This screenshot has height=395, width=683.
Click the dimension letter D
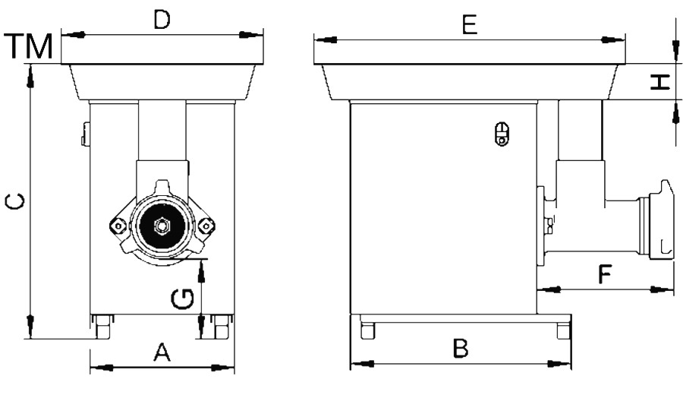point(161,21)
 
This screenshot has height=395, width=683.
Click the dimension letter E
point(470,26)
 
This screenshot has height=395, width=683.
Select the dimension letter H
point(662,82)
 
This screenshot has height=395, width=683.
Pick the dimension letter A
point(161,352)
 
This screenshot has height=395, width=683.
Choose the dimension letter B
point(461,349)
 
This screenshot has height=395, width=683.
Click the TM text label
point(29,48)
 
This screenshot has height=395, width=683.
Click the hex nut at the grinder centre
point(160,225)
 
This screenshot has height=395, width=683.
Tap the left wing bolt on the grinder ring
point(117,226)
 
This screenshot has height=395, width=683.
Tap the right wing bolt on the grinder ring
point(204,226)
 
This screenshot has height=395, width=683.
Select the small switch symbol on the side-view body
point(500,134)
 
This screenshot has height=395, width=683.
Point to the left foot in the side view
point(368,331)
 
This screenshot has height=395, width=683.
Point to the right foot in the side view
point(562,331)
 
